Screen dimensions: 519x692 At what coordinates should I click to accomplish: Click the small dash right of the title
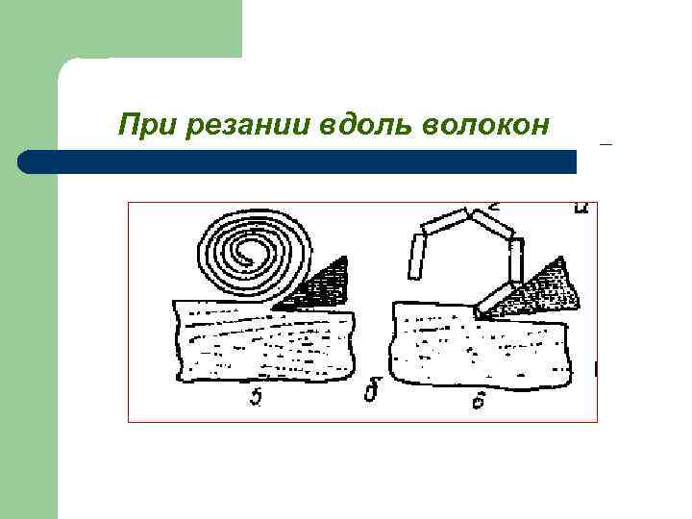coord(605,144)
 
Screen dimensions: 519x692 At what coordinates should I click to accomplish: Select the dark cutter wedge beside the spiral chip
coord(322,286)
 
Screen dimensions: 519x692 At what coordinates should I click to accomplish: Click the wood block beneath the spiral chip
coord(264,341)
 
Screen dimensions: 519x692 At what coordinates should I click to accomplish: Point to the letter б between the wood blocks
coord(370,393)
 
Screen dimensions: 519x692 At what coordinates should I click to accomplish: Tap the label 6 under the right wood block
coord(478,401)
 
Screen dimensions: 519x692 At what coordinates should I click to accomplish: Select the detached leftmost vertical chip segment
coord(417,258)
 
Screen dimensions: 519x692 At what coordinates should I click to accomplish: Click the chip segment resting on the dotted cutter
coord(498,298)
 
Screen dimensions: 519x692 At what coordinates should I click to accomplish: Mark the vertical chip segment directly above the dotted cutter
coord(516,260)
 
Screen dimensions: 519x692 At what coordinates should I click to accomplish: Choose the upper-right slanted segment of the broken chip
coord(494,225)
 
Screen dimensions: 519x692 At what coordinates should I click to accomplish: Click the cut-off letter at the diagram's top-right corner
coord(581,208)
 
